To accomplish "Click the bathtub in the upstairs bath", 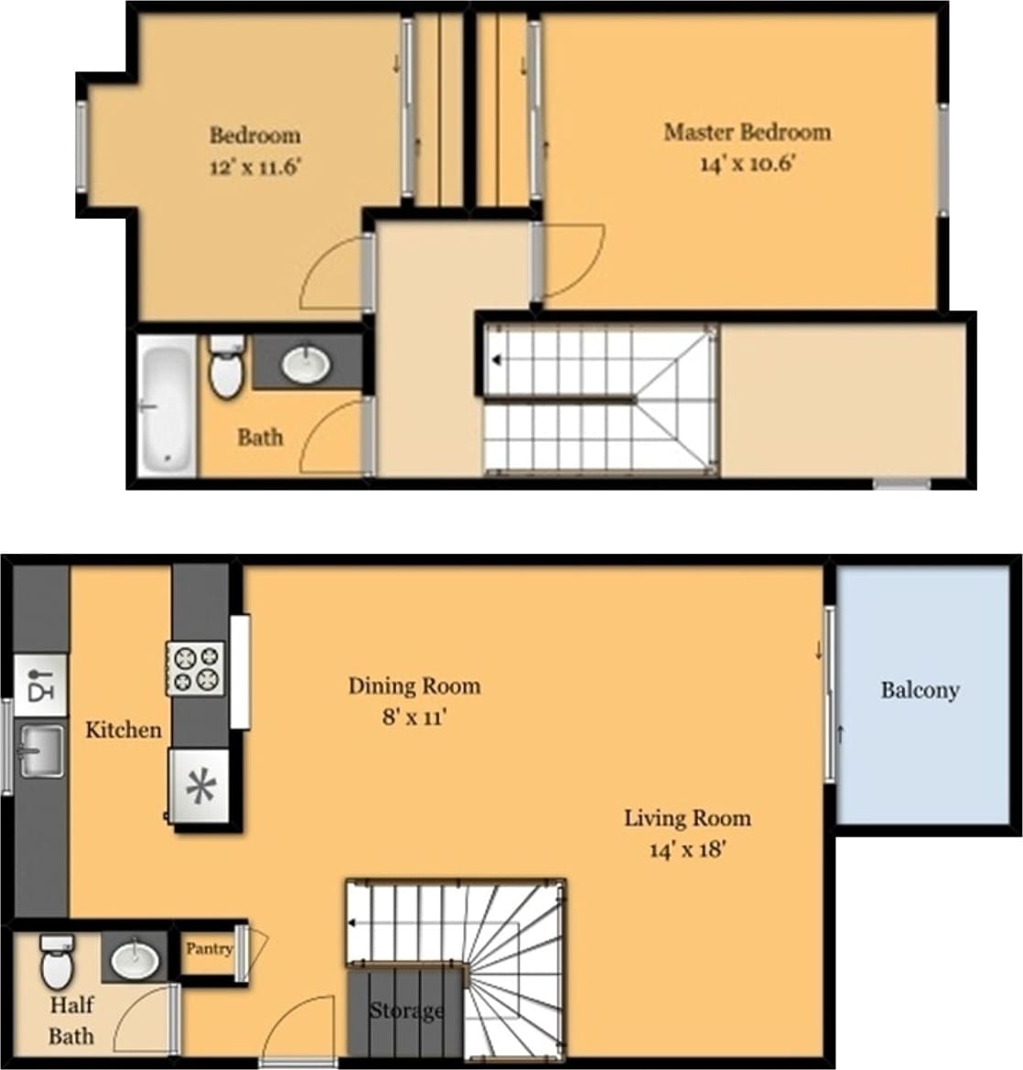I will click(x=167, y=405).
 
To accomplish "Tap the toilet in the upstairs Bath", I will click(x=225, y=367).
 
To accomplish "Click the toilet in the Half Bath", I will click(x=56, y=960).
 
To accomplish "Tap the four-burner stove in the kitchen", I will click(x=196, y=668).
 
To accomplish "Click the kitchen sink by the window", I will click(x=40, y=751).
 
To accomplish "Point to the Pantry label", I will click(x=210, y=949).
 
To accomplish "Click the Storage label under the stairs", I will click(x=406, y=1011).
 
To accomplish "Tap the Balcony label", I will click(x=920, y=690).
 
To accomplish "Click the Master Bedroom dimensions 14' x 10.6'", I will click(x=747, y=165).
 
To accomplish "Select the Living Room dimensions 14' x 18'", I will click(x=687, y=849).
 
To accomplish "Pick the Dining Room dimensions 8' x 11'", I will click(x=414, y=718).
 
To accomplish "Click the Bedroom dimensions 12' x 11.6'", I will click(x=255, y=168).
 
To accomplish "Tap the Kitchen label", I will click(x=124, y=730).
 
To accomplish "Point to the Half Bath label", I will click(x=71, y=1021).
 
